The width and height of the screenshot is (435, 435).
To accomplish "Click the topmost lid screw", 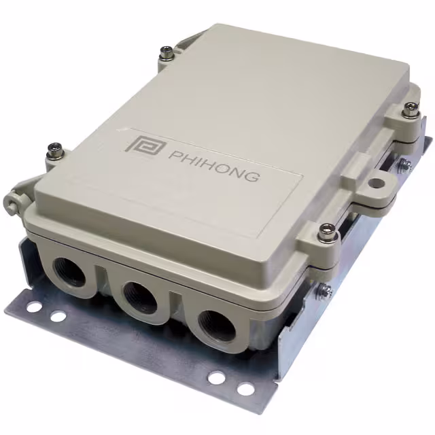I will click(x=166, y=52).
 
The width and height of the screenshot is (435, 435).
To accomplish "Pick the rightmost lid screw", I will click(x=411, y=109).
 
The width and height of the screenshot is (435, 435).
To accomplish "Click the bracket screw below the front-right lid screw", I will click(x=325, y=291).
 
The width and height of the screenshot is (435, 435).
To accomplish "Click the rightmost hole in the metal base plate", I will click(x=245, y=388).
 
